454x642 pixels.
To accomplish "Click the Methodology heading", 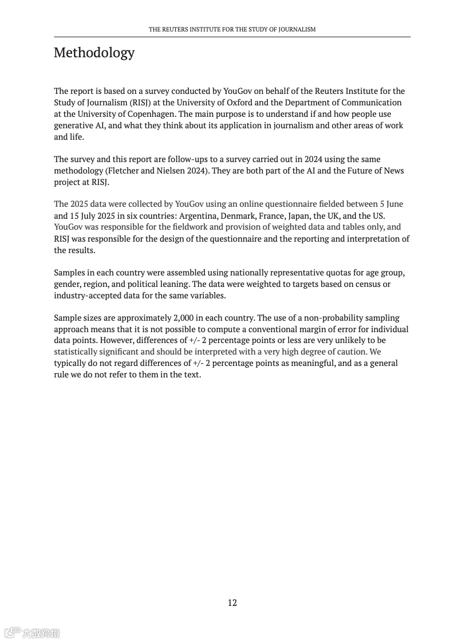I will click(94, 53).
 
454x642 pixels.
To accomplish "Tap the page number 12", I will click(232, 602).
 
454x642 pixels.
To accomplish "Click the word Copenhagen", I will click(151, 114).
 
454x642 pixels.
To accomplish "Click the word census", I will click(366, 284).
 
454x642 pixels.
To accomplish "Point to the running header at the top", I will click(232, 29).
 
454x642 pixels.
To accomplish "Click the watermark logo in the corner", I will click(32, 633).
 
